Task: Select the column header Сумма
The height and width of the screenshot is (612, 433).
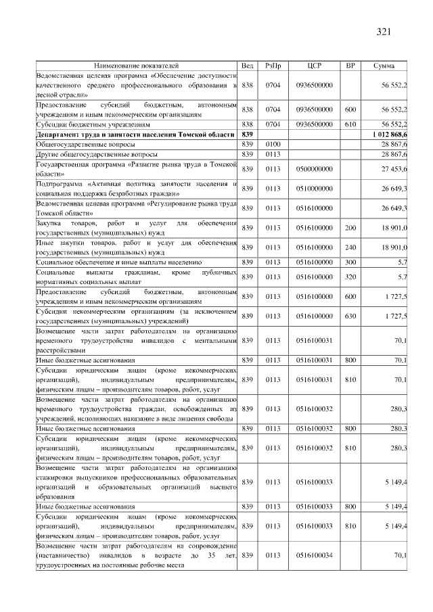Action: coord(384,66)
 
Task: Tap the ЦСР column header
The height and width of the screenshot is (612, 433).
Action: coord(314,66)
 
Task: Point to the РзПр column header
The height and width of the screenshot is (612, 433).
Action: coord(273,66)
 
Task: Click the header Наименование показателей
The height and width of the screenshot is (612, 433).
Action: coord(137,66)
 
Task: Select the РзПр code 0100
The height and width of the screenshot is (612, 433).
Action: coord(273,145)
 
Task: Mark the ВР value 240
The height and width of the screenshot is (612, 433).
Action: coord(350,247)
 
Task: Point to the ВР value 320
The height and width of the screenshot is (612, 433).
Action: coord(350,277)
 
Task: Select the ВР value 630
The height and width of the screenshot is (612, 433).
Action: coord(350,316)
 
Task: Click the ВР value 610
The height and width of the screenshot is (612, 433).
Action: coord(350,125)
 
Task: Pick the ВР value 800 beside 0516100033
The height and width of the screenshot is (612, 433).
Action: coord(350,506)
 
